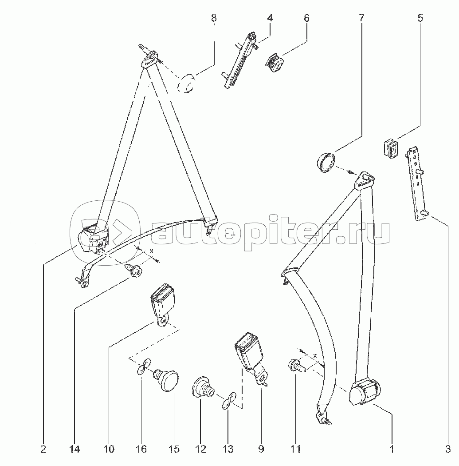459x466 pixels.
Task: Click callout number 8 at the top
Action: coord(214,18)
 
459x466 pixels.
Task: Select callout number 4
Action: coord(270,18)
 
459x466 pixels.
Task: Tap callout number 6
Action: coord(306,18)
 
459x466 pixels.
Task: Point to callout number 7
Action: coord(361,18)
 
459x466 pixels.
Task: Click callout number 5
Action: coord(420,18)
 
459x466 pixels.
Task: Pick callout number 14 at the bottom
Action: coord(75,449)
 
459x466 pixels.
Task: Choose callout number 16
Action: coord(141,449)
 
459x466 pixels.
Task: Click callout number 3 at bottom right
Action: coord(448,449)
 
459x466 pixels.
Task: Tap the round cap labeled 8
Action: coord(188,84)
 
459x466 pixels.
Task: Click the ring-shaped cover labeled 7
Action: coord(327,161)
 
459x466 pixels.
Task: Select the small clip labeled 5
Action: coord(391,148)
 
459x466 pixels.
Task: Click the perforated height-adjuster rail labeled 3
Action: coord(417,184)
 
